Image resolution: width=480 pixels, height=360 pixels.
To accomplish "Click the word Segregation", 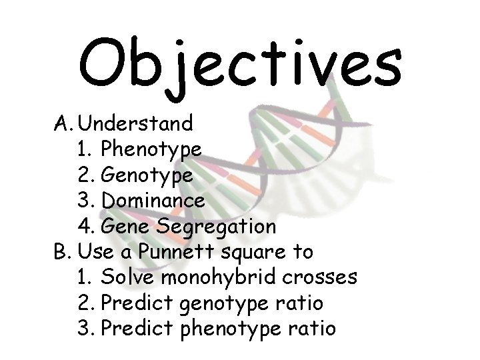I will tap(217, 227).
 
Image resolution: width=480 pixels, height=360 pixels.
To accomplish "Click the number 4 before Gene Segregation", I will tap(84, 227).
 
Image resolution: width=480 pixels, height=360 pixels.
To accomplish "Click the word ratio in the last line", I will tap(314, 329).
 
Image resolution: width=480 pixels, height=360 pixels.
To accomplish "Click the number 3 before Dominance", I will tap(84, 200).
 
